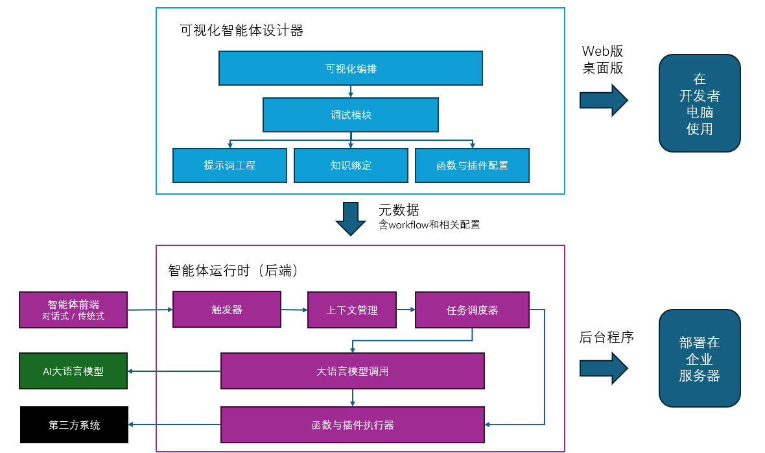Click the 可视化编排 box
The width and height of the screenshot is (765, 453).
350,68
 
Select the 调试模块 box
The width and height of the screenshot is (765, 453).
350,115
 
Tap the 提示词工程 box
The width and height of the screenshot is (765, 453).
230,165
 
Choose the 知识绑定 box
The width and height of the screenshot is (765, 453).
351,165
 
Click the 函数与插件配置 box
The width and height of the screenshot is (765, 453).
472,165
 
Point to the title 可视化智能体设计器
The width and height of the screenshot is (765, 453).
242,31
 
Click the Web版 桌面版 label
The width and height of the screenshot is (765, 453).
602,60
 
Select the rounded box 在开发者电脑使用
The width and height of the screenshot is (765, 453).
700,103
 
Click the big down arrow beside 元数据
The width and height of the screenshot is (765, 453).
351,219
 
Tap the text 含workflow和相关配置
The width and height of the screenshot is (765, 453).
429,225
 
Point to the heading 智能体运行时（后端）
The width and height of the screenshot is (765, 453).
233,271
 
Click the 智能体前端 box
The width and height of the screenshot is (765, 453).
73,310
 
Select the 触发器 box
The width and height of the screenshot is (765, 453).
226,310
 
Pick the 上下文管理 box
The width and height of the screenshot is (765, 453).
351,310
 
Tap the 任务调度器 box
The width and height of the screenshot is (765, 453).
472,310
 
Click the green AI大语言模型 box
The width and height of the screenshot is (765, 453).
73,371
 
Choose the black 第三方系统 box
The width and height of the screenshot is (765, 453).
74,425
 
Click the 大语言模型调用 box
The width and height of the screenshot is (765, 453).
352,371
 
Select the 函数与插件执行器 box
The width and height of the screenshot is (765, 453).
352,425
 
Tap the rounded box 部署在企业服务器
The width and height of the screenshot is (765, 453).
700,358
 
